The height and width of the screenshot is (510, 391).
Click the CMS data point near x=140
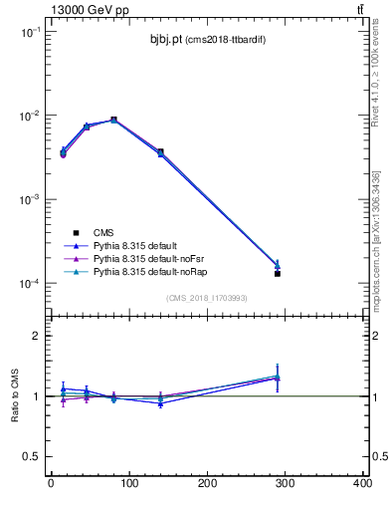[x=160, y=152]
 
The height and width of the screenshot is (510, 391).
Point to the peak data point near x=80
[x=113, y=120]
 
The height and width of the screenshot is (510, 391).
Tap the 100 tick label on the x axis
[x=128, y=485]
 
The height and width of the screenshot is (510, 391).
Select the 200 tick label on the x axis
[x=207, y=485]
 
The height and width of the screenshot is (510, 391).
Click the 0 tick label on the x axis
[x=51, y=485]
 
